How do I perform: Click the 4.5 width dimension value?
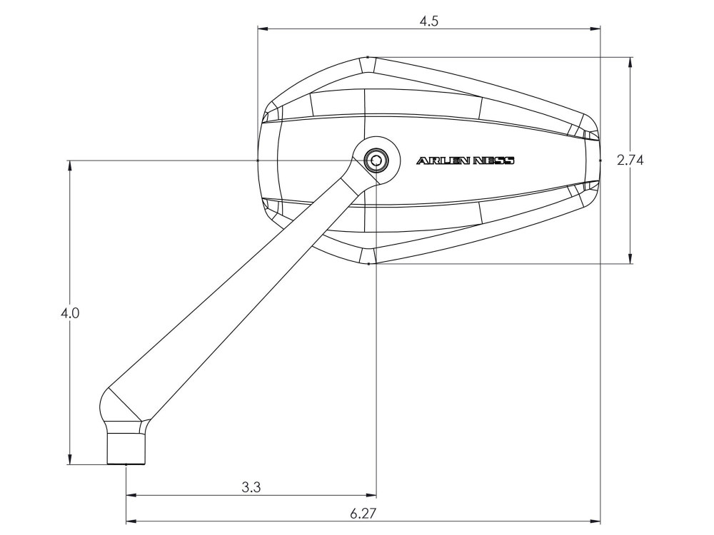click(x=428, y=21)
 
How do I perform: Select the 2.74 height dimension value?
click(x=630, y=160)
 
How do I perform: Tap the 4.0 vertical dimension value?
click(x=70, y=313)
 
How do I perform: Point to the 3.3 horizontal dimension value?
click(x=251, y=488)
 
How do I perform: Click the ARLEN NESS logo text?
click(x=465, y=161)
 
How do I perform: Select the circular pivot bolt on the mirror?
click(x=373, y=160)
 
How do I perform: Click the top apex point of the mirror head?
click(x=368, y=56)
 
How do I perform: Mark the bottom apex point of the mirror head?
click(x=368, y=264)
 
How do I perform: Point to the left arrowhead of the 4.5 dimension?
click(x=263, y=29)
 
